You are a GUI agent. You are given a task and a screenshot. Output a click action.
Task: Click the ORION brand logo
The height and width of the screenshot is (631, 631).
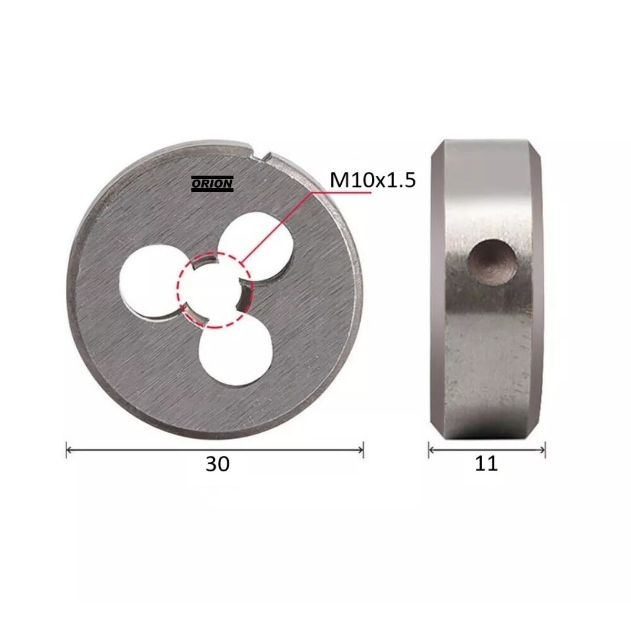tap(212, 184)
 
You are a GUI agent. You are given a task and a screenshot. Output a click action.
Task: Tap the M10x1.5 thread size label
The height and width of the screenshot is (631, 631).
tap(373, 180)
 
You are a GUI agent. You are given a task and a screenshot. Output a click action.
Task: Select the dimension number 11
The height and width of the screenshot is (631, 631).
tap(486, 463)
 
